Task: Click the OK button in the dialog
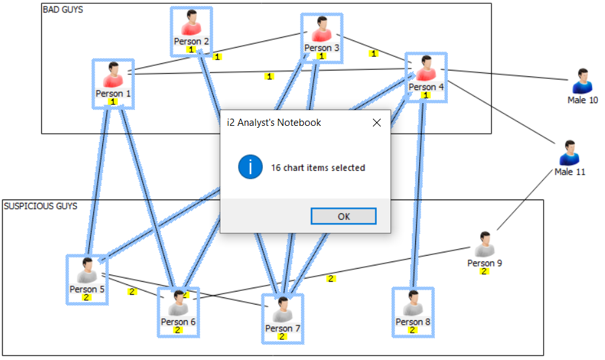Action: (344, 217)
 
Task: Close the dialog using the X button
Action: (376, 123)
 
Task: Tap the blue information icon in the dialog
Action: (250, 168)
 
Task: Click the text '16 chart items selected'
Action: (317, 168)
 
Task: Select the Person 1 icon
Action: (113, 76)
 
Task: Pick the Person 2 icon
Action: (191, 24)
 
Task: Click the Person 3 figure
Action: (321, 30)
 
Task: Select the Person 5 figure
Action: (87, 271)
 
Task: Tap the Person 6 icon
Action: (178, 304)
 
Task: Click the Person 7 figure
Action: (282, 310)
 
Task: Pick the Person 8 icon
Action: (413, 304)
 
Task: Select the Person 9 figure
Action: (484, 245)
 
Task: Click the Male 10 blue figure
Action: (582, 82)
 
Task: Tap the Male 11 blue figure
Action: (569, 154)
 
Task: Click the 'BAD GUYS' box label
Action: (63, 10)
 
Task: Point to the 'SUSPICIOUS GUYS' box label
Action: (40, 206)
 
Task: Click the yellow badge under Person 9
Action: (484, 272)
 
